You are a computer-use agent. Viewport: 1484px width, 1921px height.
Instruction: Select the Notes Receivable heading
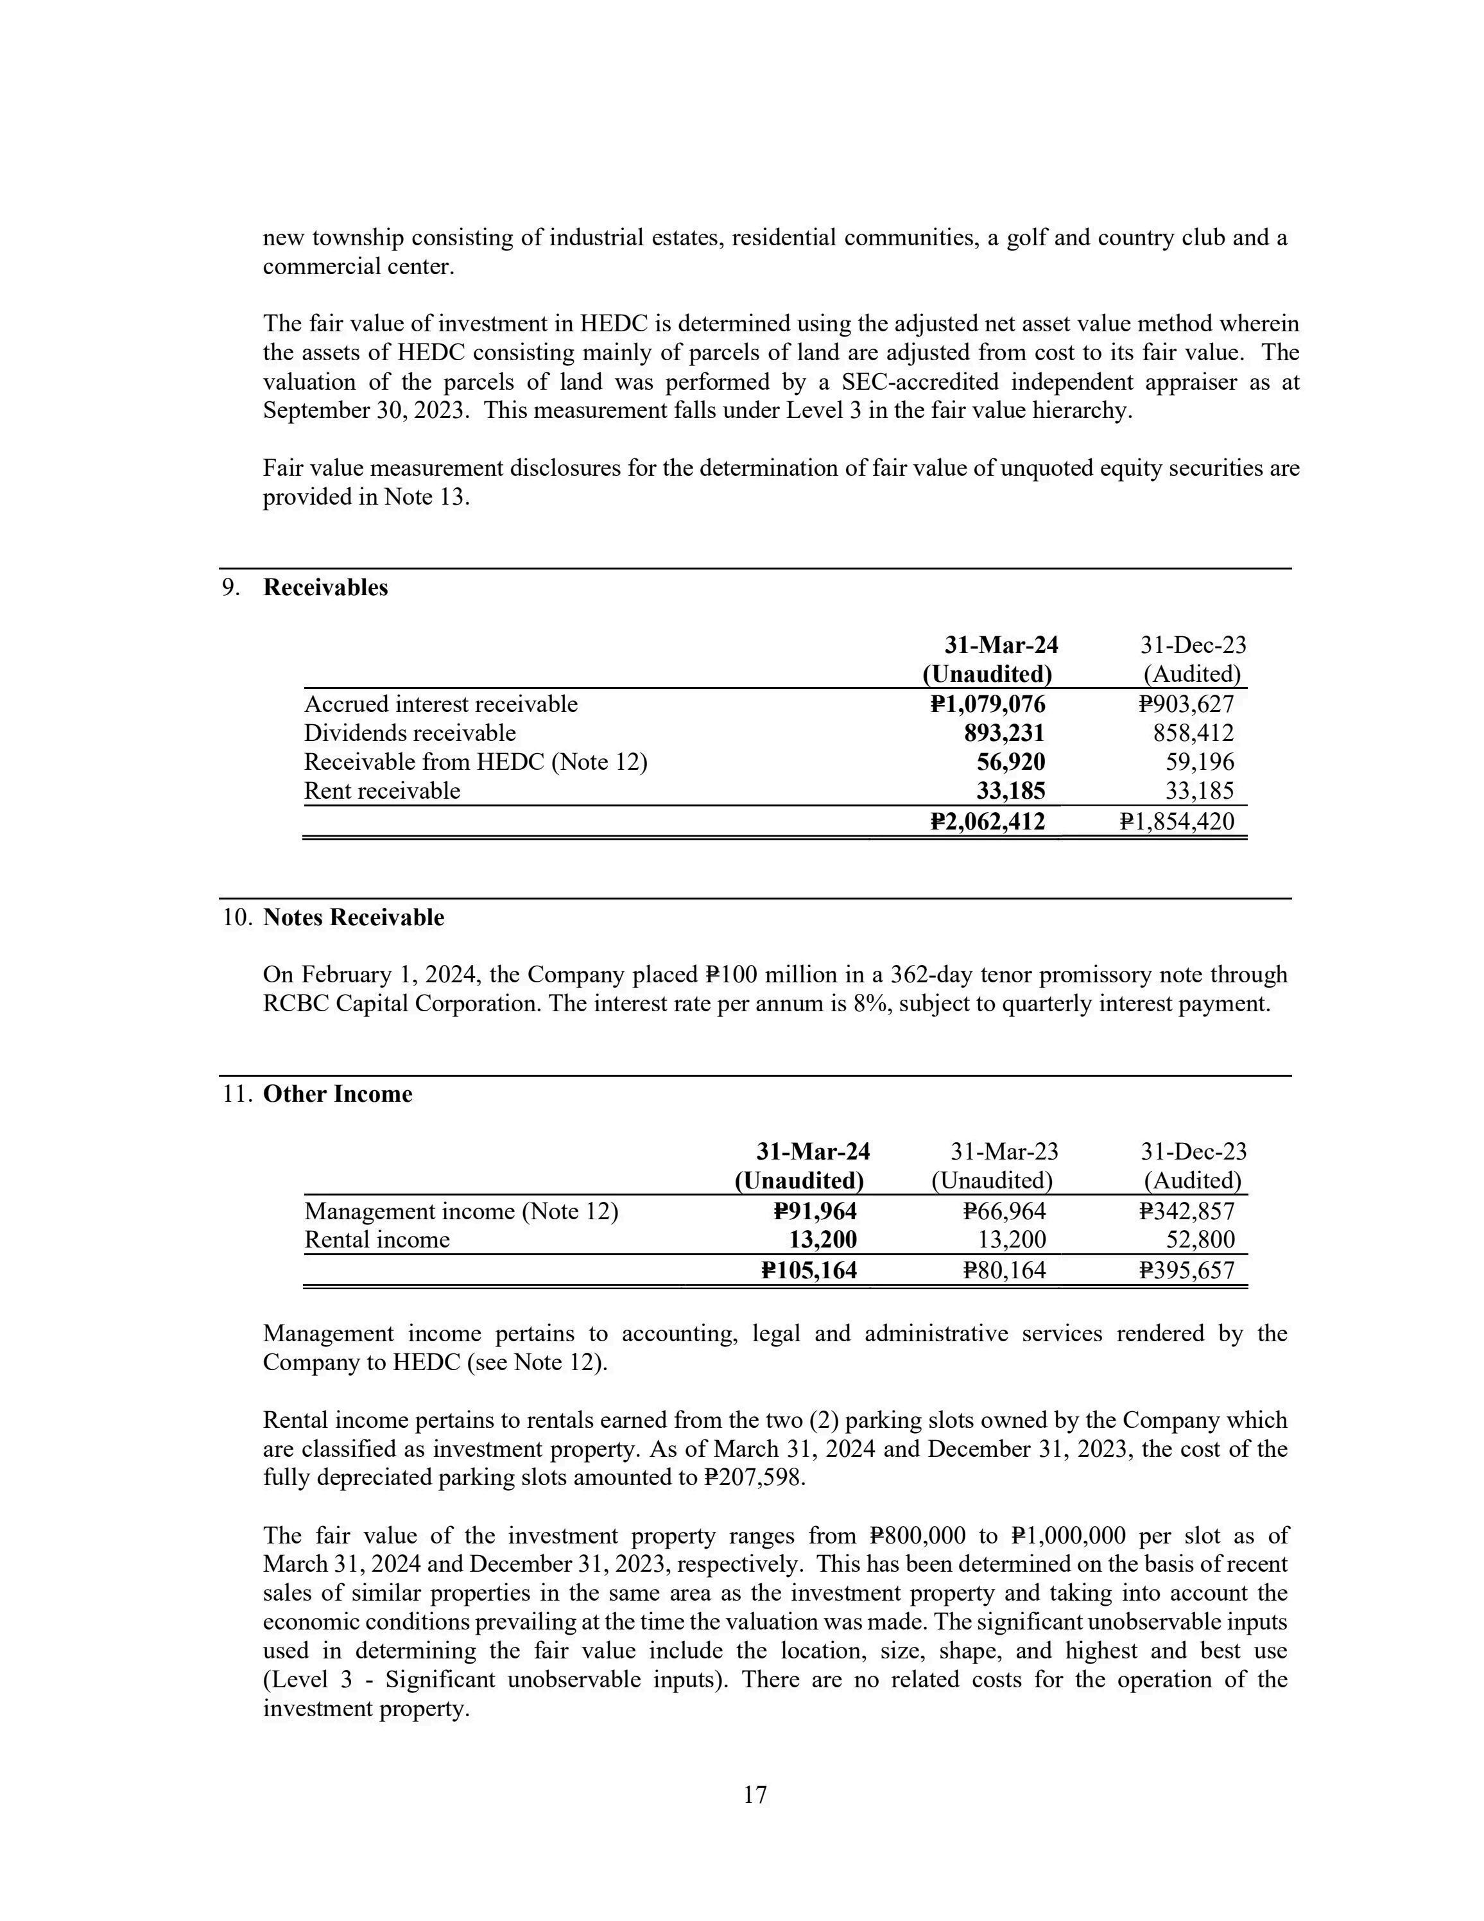[354, 917]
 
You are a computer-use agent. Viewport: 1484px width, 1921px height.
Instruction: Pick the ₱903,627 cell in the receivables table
[1186, 704]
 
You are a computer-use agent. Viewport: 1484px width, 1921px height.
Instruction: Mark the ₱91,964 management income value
[815, 1212]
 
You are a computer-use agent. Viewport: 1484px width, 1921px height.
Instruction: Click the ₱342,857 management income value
[1186, 1212]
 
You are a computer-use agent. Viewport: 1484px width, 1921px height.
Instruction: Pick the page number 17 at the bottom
[755, 1795]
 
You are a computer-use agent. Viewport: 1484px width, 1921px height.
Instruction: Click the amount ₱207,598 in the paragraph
[754, 1478]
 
